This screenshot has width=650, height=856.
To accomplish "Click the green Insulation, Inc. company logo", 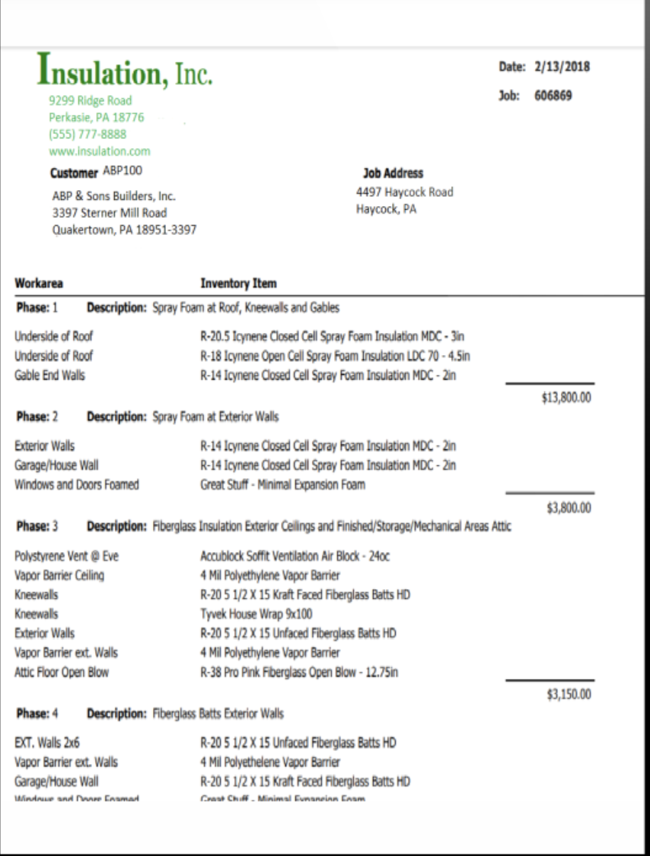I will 126,70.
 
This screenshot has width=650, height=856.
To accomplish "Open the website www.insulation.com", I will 100,151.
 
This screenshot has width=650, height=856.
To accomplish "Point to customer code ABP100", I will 123,171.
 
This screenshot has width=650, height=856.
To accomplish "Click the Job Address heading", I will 393,173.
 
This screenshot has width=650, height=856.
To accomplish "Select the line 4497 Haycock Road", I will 404,192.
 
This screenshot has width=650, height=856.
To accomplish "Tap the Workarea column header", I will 39,284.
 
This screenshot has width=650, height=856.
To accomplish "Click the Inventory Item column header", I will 238,284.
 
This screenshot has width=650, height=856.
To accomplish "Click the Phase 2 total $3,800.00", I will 569,508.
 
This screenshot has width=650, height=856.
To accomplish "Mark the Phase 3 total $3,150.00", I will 569,693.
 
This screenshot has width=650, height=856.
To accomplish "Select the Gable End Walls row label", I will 50,375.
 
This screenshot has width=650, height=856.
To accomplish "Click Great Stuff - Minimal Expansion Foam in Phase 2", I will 282,484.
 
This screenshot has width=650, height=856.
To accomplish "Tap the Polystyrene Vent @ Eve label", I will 67,556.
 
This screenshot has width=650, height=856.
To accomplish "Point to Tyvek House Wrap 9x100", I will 256,613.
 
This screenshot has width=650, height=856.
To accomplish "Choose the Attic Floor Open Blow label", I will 62,671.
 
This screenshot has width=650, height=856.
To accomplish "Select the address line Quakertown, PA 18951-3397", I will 124,230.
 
